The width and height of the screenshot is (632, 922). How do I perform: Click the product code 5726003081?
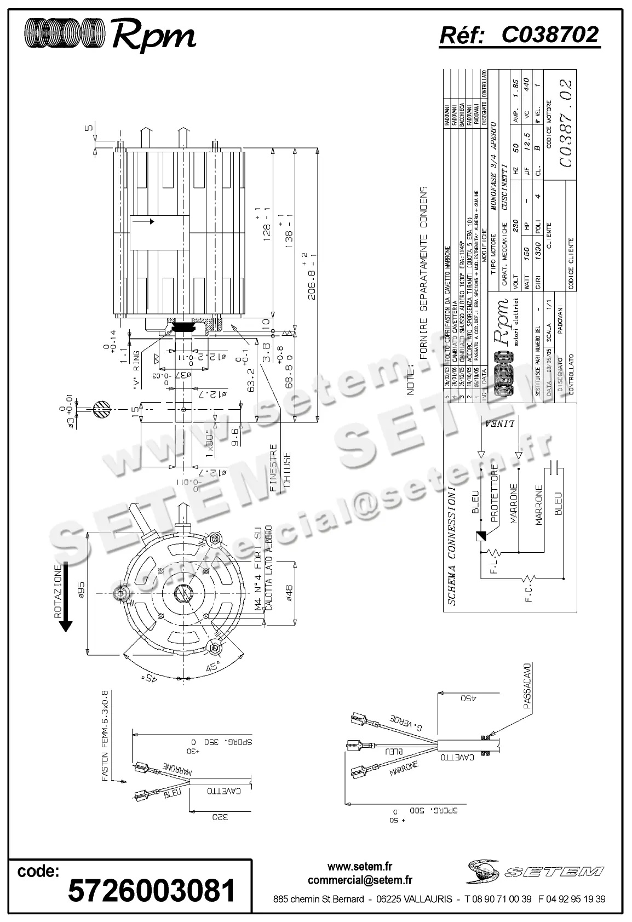pos(152,891)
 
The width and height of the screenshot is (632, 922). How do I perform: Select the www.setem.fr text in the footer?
pos(360,867)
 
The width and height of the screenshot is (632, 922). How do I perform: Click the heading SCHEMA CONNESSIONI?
pos(452,546)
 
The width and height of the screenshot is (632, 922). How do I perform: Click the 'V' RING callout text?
pos(136,368)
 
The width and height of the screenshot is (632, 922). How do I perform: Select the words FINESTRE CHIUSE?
pos(280,469)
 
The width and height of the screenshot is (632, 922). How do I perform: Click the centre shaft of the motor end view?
pos(183,594)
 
